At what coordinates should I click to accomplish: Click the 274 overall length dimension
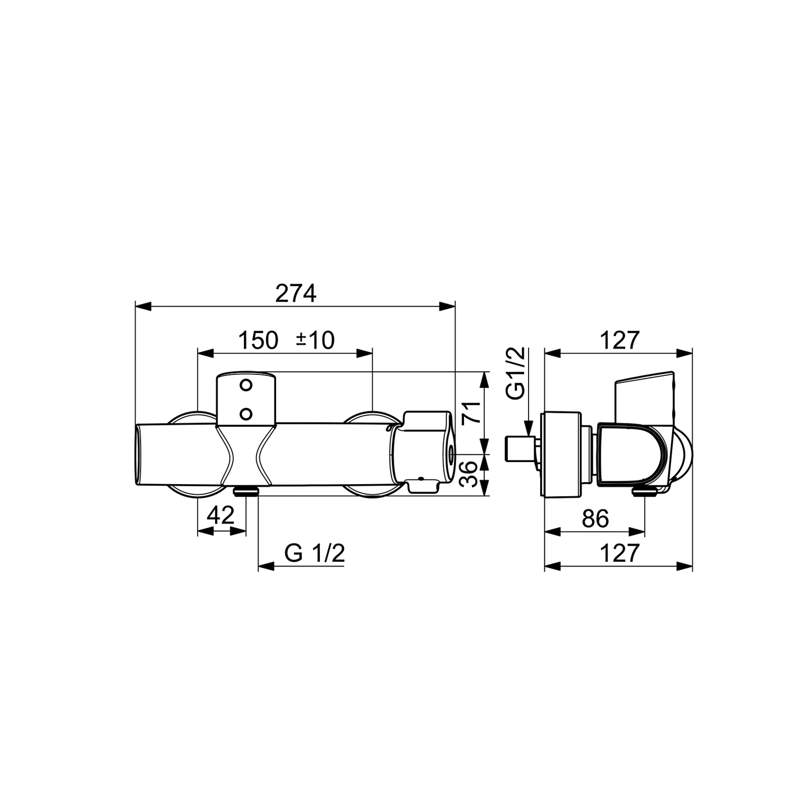(x=296, y=294)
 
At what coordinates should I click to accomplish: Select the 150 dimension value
(x=258, y=341)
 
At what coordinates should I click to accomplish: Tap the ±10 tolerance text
(x=315, y=341)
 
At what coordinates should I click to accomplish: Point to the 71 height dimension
(x=471, y=412)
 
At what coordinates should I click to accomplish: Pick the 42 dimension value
(x=220, y=515)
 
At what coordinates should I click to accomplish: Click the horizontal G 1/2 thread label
(x=315, y=553)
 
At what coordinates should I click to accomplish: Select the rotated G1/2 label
(x=516, y=373)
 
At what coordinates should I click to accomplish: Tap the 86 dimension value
(x=595, y=519)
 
